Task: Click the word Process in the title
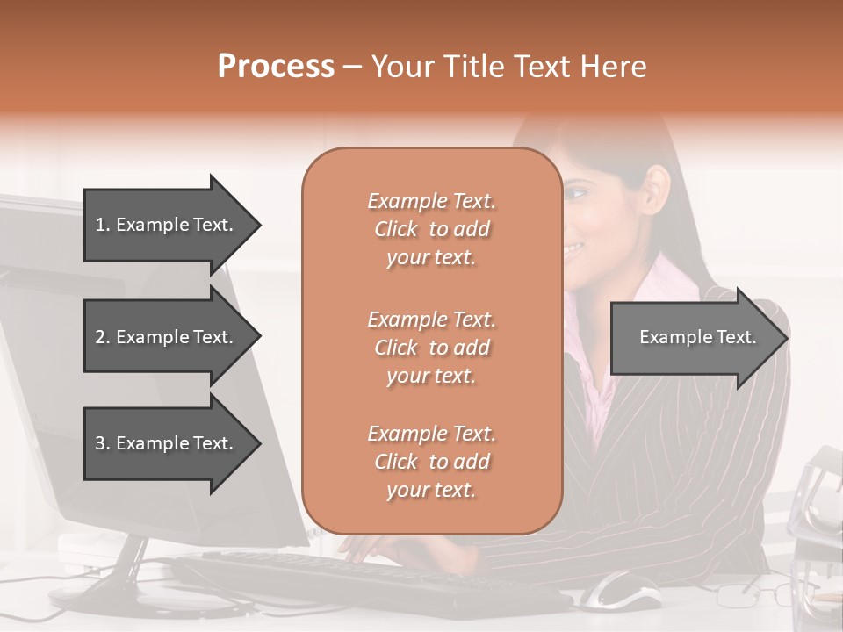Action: click(x=276, y=67)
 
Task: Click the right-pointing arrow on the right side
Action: click(x=698, y=337)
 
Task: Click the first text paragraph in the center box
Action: click(x=431, y=229)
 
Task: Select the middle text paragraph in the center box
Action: click(x=431, y=347)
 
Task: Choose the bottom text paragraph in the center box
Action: click(x=431, y=462)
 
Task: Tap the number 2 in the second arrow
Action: click(x=100, y=337)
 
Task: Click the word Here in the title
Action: click(x=614, y=67)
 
